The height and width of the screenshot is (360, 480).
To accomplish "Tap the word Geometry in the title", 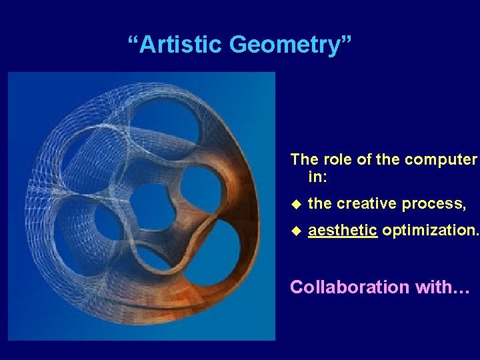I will click(285, 45).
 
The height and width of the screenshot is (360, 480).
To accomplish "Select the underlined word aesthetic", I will click(343, 231).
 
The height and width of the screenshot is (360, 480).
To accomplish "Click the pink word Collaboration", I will click(350, 287).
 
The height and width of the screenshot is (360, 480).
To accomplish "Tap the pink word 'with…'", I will click(446, 287).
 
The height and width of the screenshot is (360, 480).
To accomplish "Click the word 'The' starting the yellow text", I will click(304, 160).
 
